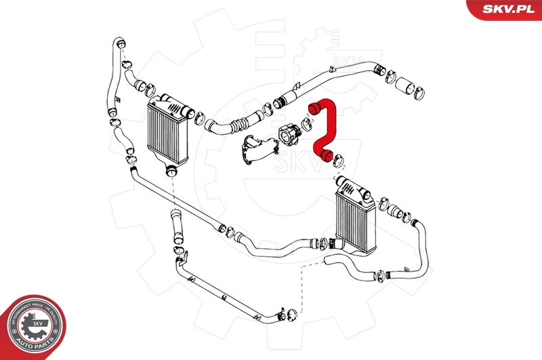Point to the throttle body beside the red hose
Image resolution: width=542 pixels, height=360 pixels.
[292, 133]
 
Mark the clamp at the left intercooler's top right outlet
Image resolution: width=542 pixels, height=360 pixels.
[200, 119]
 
